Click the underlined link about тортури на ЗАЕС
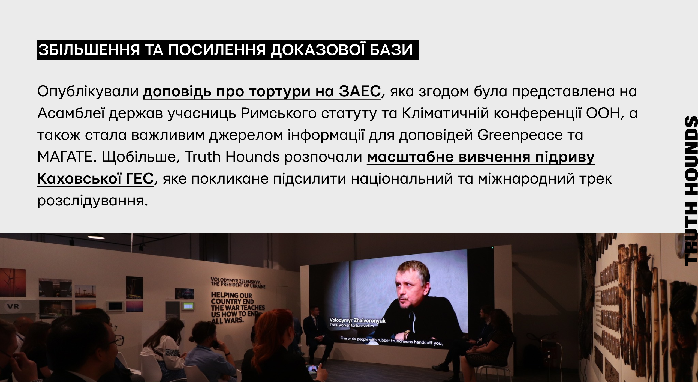pos(262,92)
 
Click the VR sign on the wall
pos(13,306)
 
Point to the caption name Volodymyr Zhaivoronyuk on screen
pos(357,321)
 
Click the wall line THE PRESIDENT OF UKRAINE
pos(238,285)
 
